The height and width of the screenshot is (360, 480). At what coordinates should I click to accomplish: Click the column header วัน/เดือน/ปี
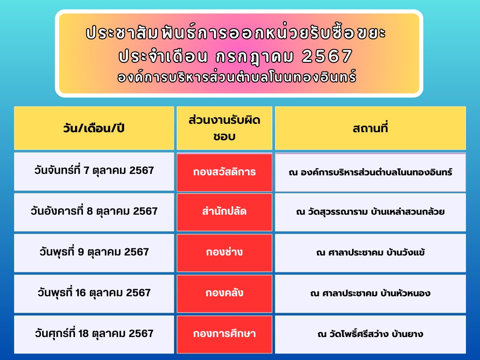click(94, 128)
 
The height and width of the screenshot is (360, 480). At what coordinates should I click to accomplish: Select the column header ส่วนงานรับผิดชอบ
click(225, 128)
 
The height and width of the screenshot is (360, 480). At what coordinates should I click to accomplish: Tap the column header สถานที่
click(370, 128)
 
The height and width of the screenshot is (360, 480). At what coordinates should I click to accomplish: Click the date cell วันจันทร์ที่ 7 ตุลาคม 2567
click(94, 172)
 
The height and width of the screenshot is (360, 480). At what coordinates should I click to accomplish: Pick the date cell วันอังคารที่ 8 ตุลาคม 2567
click(94, 212)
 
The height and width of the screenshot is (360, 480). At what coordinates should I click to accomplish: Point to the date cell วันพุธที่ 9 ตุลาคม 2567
click(94, 253)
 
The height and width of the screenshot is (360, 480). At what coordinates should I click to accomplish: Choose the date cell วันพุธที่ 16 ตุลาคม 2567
click(94, 293)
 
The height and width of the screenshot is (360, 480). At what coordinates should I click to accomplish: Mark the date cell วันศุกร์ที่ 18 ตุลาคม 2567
click(94, 334)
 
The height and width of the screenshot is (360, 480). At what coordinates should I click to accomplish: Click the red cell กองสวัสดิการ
click(225, 172)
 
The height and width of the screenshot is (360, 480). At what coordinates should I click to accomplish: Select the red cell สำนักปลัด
click(225, 212)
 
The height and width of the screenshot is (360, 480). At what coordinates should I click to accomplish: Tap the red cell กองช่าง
click(225, 253)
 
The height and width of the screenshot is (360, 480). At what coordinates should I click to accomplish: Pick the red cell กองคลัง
click(225, 293)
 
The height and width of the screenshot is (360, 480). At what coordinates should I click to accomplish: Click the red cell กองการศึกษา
click(225, 334)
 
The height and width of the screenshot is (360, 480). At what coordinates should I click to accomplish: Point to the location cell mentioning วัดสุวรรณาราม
click(370, 212)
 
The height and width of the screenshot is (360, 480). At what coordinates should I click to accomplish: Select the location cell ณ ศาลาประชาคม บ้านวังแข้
click(370, 253)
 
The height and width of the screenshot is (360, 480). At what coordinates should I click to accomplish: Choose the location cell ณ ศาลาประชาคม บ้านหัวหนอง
click(370, 293)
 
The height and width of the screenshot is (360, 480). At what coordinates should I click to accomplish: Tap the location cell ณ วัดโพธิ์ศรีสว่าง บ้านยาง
click(370, 334)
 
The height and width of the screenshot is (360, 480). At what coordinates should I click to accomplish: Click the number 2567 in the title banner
click(327, 56)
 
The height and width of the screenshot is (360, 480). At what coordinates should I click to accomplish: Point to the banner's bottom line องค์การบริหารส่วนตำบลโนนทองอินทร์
click(237, 76)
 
